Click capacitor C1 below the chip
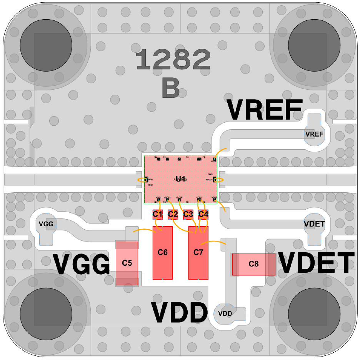click(157, 214)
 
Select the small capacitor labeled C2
click(173, 214)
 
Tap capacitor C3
click(188, 214)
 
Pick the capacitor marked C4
click(203, 214)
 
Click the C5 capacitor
click(127, 263)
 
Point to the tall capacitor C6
click(163, 253)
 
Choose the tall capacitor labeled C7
click(198, 253)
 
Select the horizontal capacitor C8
click(253, 264)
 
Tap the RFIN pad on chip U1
click(147, 179)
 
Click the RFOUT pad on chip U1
click(215, 179)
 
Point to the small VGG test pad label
click(46, 223)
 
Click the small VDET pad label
click(314, 224)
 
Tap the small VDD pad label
click(225, 313)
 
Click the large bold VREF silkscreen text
click(264, 110)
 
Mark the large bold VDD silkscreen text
click(179, 313)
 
